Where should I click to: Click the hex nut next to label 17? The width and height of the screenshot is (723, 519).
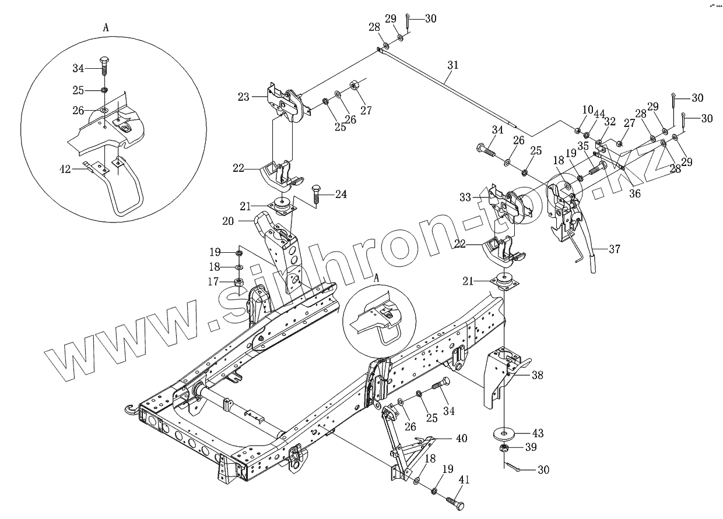pos(238,283)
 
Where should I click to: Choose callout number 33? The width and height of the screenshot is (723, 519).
pos(465,198)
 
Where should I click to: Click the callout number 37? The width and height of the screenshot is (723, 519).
pos(614,249)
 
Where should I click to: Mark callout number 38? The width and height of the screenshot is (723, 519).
pos(536,376)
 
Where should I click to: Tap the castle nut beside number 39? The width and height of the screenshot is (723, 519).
pos(503,448)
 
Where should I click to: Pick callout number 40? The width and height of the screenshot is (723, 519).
pos(461,438)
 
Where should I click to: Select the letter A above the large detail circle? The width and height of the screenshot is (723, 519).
pos(106,27)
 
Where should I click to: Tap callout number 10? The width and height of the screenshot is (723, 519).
pos(587,110)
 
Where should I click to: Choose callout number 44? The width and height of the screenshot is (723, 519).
pos(599,110)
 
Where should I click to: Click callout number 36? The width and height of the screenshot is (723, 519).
pos(635,194)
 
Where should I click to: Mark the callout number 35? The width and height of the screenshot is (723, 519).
pos(582,146)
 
